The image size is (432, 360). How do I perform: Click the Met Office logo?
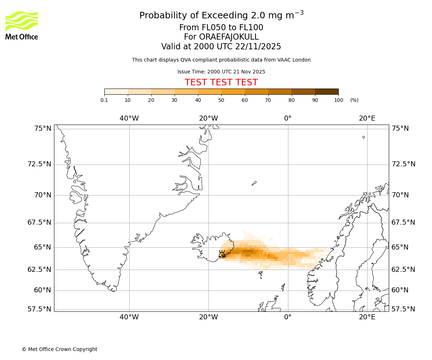(22, 25)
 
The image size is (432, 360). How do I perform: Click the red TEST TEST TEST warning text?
(221, 82)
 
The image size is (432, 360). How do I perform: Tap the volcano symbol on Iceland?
(222, 254)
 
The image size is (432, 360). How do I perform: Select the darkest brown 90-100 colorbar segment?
(327, 91)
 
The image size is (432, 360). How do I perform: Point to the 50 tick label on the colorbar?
(221, 100)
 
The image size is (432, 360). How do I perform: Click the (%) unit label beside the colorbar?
(354, 100)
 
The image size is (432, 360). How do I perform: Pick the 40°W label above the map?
(129, 118)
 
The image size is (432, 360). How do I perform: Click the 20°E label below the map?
(367, 317)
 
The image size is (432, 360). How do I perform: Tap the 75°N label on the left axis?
(40, 129)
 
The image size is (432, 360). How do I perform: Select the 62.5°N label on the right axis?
(403, 270)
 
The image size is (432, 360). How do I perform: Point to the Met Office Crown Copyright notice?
(59, 349)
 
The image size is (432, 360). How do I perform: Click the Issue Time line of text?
(221, 72)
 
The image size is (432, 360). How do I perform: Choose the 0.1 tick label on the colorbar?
(104, 100)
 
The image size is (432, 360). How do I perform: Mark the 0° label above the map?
(288, 118)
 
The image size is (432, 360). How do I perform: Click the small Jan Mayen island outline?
(254, 183)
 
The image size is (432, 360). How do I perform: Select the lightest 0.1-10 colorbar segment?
(116, 91)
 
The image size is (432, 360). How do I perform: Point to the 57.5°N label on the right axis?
(403, 309)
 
